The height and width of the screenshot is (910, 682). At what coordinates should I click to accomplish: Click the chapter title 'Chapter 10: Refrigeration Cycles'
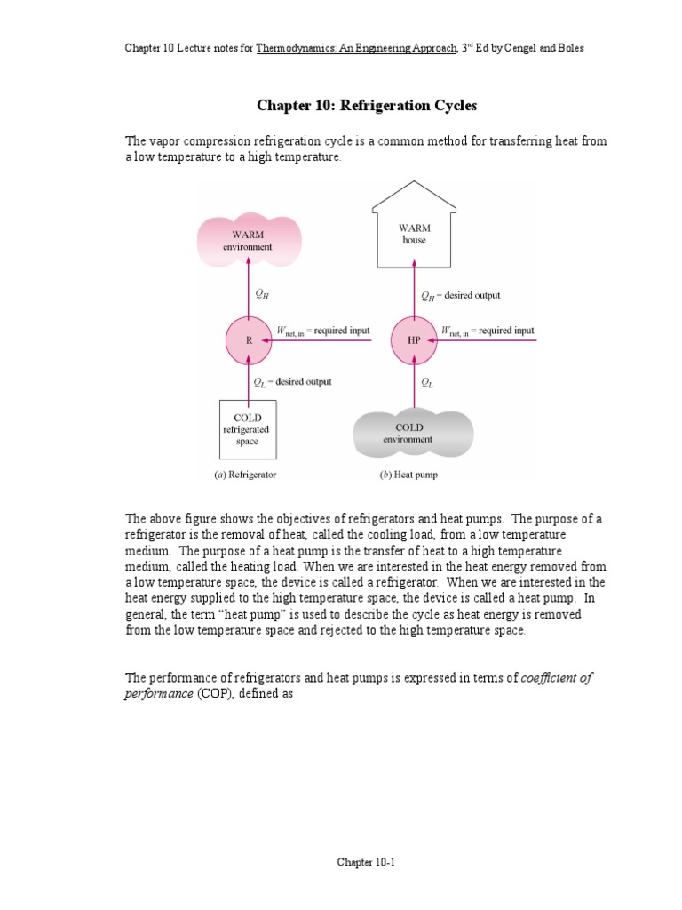(366, 106)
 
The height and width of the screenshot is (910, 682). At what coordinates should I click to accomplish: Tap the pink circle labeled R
(249, 339)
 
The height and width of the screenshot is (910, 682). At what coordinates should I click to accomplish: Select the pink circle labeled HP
(414, 339)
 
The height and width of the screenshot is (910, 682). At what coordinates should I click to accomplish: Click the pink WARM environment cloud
(249, 240)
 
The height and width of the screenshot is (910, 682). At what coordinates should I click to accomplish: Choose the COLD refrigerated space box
(247, 429)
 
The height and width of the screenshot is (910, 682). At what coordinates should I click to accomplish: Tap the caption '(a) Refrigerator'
(245, 475)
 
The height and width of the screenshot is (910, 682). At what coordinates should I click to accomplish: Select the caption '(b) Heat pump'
(408, 475)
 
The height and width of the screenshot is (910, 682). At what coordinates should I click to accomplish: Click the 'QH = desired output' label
(461, 296)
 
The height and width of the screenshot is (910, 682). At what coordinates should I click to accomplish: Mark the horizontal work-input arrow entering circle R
(320, 339)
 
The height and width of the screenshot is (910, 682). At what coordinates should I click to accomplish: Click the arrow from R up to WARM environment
(249, 293)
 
